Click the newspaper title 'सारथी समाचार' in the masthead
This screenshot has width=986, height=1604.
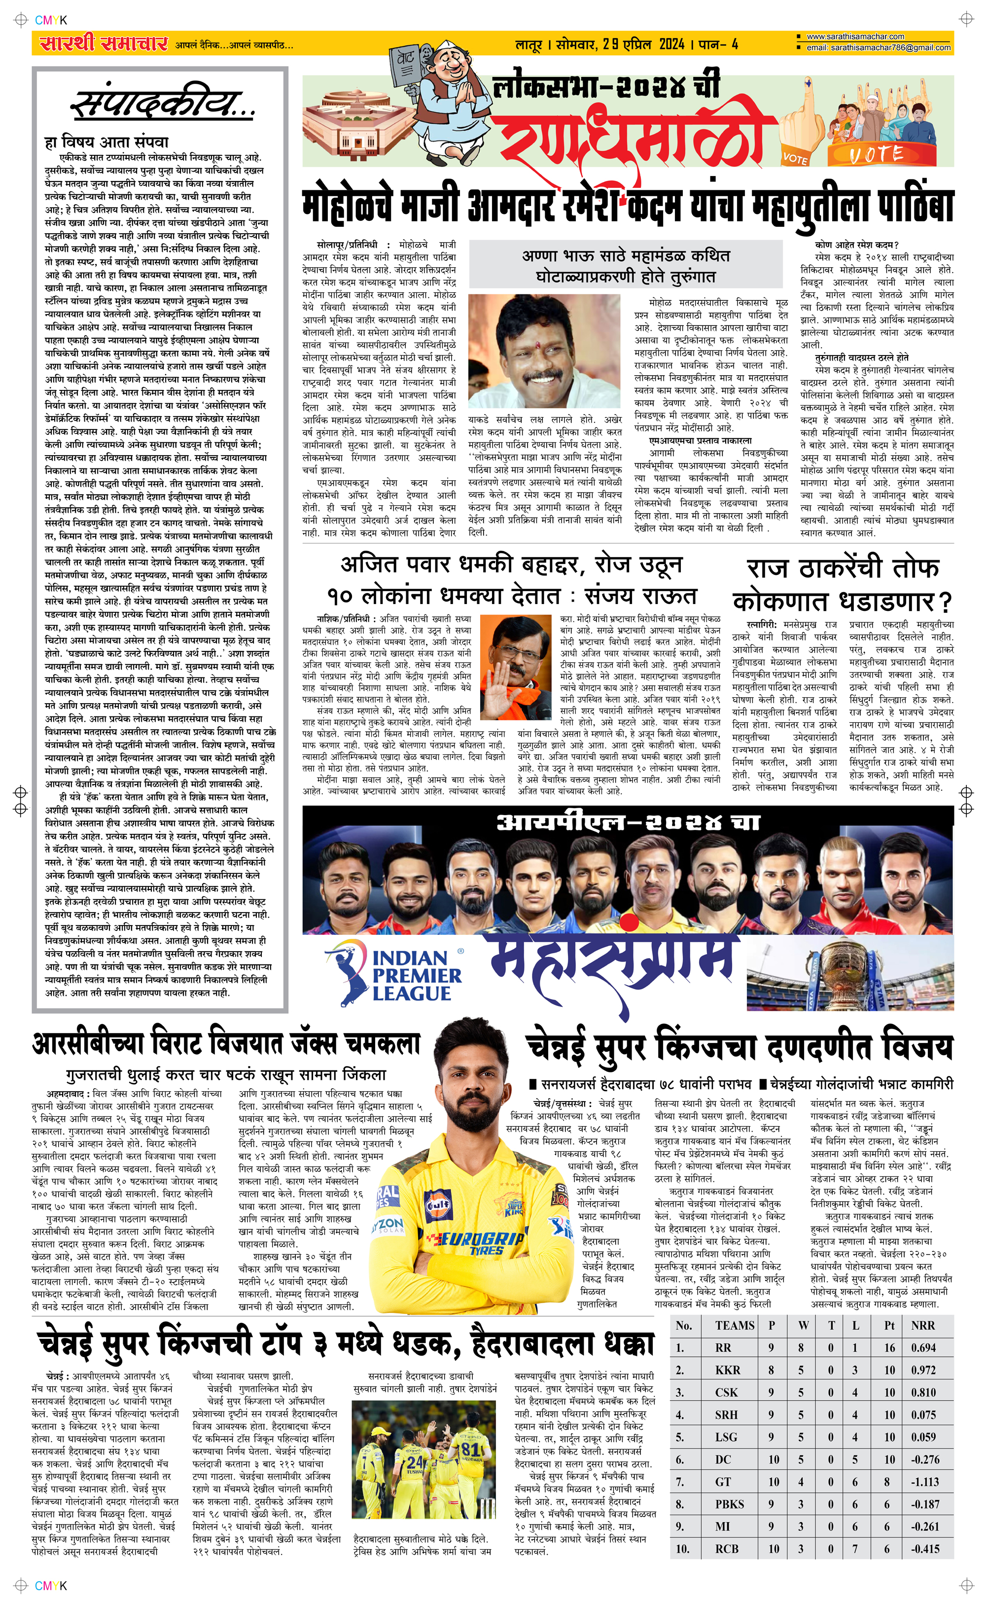[104, 44]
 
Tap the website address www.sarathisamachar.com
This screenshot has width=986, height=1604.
[855, 36]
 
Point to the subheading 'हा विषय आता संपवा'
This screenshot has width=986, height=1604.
[106, 142]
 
